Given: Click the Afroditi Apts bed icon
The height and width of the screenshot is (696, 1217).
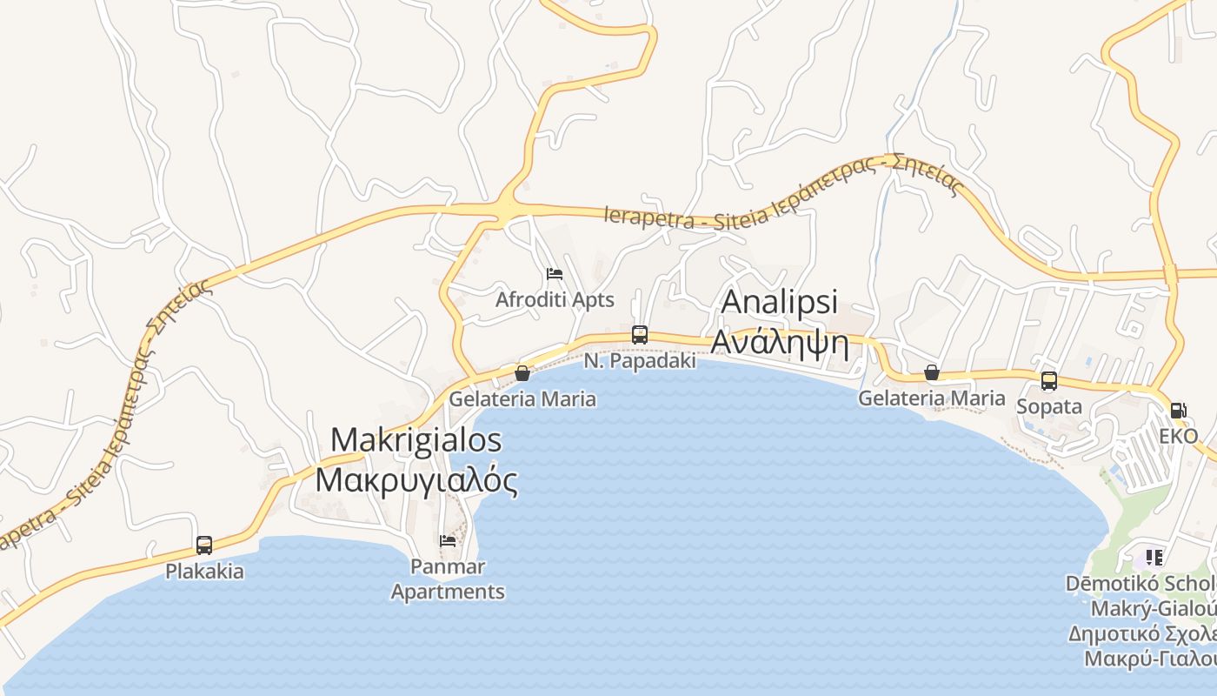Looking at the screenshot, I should click(x=555, y=275).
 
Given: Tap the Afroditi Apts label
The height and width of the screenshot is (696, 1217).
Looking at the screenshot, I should click(x=555, y=300).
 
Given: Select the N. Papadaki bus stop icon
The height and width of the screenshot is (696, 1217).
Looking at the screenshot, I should click(x=640, y=335).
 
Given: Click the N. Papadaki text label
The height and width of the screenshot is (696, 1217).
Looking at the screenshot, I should click(x=640, y=360).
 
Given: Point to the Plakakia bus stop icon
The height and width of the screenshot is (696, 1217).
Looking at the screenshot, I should click(x=204, y=545).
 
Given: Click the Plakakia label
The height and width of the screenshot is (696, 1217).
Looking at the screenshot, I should click(x=204, y=572).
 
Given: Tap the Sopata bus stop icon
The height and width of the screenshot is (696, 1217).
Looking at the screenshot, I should click(x=1049, y=381).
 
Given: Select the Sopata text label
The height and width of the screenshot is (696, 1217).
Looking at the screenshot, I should click(x=1049, y=406).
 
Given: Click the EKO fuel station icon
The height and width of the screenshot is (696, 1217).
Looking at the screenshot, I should click(x=1178, y=411).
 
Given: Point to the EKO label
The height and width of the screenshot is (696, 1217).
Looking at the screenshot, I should click(x=1178, y=436).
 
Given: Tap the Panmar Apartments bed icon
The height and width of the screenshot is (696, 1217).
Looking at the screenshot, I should click(x=448, y=540).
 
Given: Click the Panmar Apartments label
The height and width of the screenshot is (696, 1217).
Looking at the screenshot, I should click(x=448, y=579).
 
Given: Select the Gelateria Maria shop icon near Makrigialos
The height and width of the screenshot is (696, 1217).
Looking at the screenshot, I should click(x=522, y=373).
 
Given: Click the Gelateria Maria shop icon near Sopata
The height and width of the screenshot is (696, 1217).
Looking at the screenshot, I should click(x=932, y=372).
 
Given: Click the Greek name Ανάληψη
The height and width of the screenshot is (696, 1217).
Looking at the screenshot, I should click(x=780, y=342).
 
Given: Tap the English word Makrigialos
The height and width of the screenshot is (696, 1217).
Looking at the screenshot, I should click(x=416, y=440).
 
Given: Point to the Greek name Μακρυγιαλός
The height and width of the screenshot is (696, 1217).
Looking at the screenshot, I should click(x=416, y=480).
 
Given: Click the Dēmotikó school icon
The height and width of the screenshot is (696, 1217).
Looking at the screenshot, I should click(x=1154, y=557).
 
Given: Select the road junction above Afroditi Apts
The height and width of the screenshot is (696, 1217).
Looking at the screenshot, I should click(x=505, y=209).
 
